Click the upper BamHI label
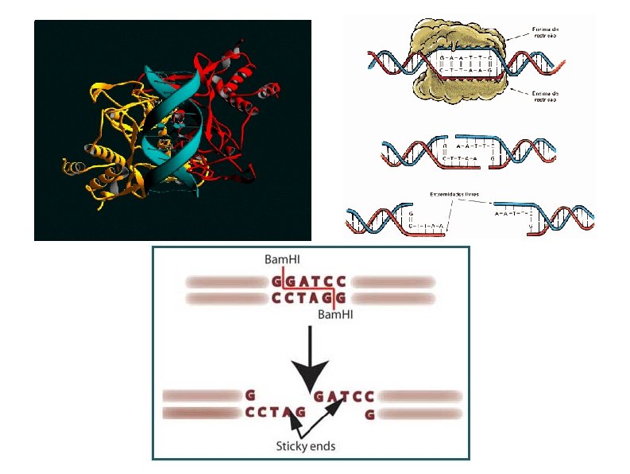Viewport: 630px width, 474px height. pyautogui.click(x=283, y=259)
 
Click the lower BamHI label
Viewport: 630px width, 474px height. pyautogui.click(x=334, y=315)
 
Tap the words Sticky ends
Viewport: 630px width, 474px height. pyautogui.click(x=305, y=446)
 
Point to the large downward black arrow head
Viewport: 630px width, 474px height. pyautogui.click(x=311, y=373)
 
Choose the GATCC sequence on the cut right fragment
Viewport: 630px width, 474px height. pyautogui.click(x=344, y=395)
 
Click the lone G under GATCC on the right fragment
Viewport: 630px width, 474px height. pyautogui.click(x=369, y=414)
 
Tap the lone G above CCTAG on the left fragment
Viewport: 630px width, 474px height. pyautogui.click(x=250, y=394)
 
